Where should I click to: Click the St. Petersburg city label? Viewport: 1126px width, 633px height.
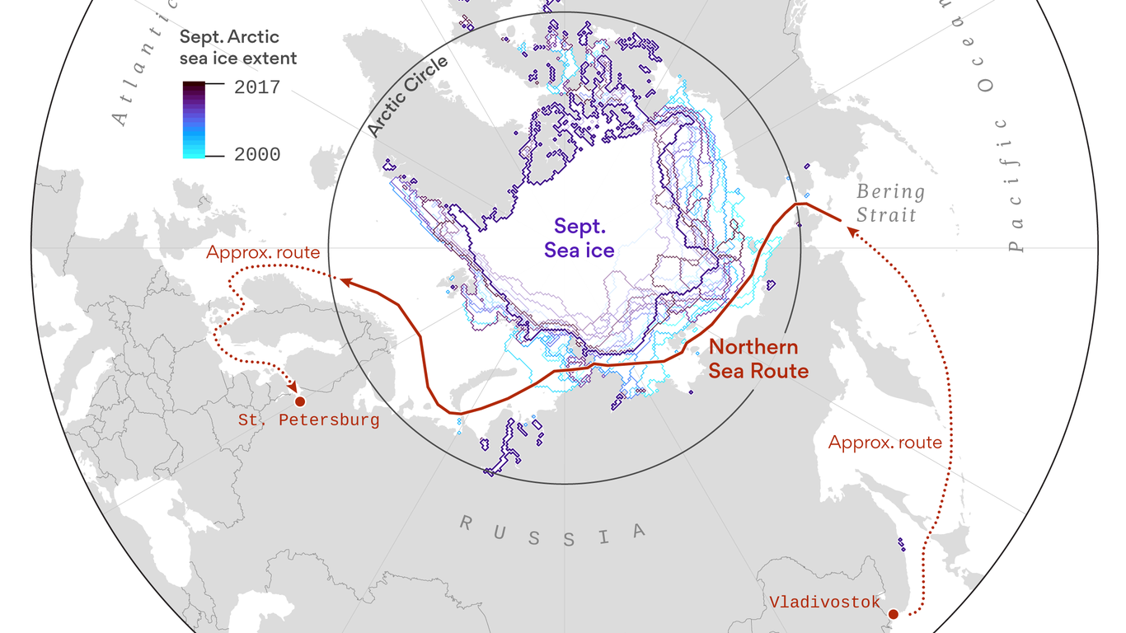(x=309, y=420)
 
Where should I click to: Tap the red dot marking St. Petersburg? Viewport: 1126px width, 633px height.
(x=300, y=401)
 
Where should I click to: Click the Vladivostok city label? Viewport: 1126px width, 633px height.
(x=825, y=602)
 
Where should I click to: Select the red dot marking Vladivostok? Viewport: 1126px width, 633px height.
(x=893, y=613)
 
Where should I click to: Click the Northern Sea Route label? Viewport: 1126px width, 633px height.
(x=758, y=359)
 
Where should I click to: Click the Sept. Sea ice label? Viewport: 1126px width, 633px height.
(x=584, y=238)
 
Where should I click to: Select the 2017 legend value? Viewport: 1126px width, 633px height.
(x=257, y=87)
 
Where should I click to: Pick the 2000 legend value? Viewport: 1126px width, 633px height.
(x=257, y=154)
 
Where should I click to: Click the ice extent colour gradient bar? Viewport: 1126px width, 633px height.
(x=195, y=120)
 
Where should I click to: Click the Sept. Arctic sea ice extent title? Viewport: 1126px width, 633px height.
(x=238, y=48)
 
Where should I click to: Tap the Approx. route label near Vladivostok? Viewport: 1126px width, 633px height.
(x=884, y=443)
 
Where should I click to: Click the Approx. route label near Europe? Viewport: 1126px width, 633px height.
(x=263, y=253)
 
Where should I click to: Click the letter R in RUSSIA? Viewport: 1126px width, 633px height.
(x=467, y=522)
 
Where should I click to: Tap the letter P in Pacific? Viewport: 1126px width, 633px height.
(x=1014, y=244)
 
